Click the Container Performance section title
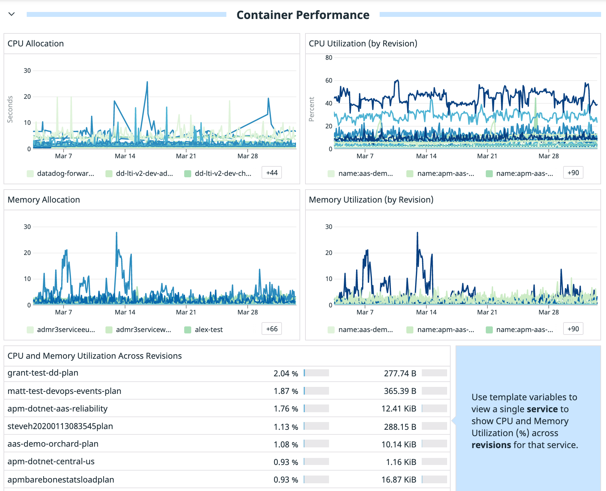tap(303, 15)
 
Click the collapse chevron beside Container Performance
tap(12, 14)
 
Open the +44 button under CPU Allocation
tap(272, 173)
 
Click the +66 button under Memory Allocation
tap(272, 329)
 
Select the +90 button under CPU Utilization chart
tap(573, 173)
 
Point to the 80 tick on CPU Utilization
tap(329, 58)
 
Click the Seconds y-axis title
tap(10, 109)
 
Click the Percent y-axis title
tap(311, 109)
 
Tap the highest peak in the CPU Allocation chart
tap(147, 82)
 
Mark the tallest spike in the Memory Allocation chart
tap(117, 233)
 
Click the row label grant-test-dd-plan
tap(43, 373)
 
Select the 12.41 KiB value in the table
tap(399, 409)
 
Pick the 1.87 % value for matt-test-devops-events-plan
tap(285, 391)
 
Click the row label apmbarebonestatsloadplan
tap(61, 480)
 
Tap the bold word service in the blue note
tap(542, 409)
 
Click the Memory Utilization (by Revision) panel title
tap(371, 200)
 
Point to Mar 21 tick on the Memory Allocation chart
tap(186, 312)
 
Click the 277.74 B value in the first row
tap(400, 374)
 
